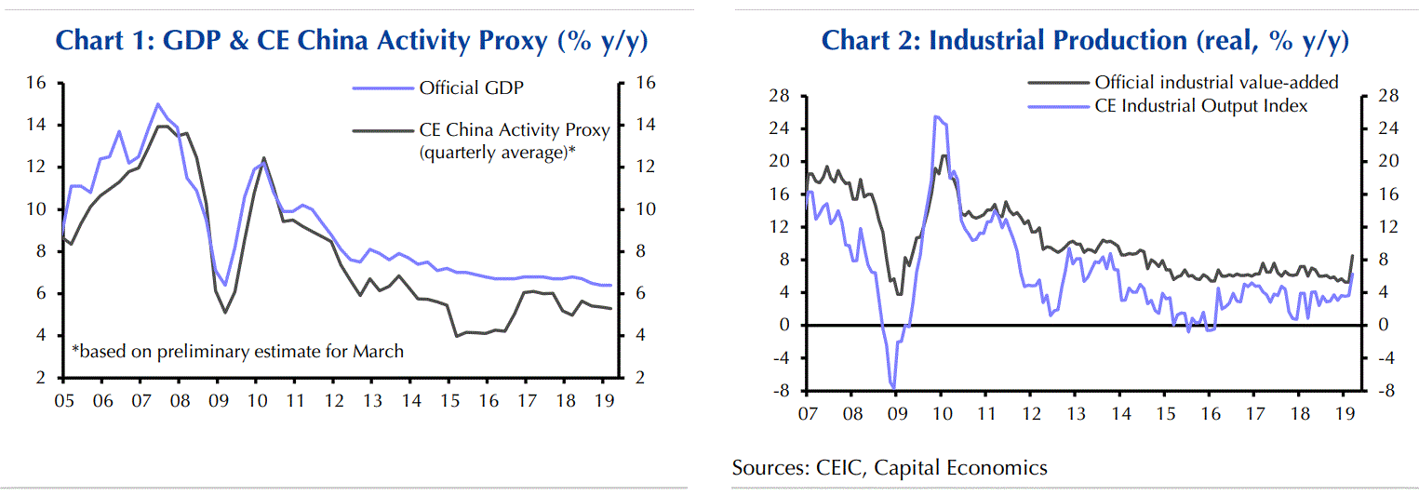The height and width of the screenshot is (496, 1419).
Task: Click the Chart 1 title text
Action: click(352, 42)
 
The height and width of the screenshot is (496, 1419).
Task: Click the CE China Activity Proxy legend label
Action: click(515, 130)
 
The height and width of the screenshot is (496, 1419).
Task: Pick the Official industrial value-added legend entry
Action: click(1216, 82)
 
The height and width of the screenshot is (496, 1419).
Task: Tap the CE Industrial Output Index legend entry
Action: click(1201, 106)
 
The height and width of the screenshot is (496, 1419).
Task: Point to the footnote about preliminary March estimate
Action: click(238, 351)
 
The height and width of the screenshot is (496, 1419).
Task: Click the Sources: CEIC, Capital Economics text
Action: click(890, 467)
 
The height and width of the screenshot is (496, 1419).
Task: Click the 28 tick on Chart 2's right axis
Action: click(1381, 96)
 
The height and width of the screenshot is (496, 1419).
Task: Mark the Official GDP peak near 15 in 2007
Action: click(158, 104)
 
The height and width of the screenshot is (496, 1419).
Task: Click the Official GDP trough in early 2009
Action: click(224, 285)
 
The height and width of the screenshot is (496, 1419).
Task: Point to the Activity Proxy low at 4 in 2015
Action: click(457, 336)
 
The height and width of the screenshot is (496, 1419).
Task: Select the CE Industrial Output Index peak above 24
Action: click(935, 116)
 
